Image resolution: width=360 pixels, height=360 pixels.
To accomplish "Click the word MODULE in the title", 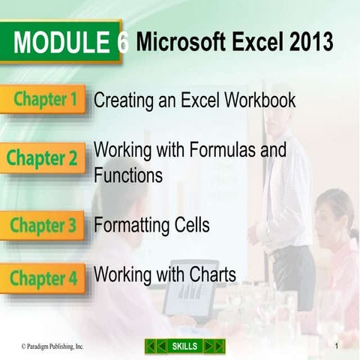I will pyautogui.click(x=63, y=43).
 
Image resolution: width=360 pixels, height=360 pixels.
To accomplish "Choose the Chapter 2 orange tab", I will pyautogui.click(x=43, y=158).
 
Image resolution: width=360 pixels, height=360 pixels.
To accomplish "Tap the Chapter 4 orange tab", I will pyautogui.click(x=43, y=277).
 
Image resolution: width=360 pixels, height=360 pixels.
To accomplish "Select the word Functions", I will pyautogui.click(x=128, y=175).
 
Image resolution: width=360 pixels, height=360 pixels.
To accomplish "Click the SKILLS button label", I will pyautogui.click(x=184, y=346).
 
